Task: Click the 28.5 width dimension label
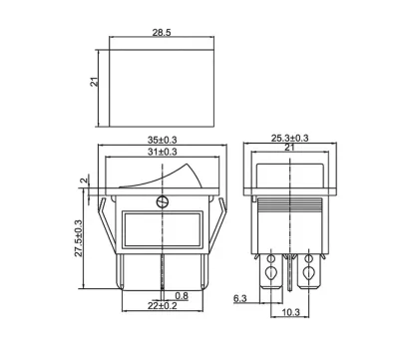click(x=162, y=33)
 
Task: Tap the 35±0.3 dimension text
click(x=163, y=140)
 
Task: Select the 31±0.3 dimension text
click(x=163, y=152)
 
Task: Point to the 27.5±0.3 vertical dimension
click(x=78, y=237)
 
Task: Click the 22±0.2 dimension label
click(x=163, y=306)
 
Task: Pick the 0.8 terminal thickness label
click(x=182, y=295)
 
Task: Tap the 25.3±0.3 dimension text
click(x=290, y=138)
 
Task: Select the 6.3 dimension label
click(x=240, y=298)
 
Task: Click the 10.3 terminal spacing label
click(x=291, y=312)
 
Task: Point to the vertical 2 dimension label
click(x=85, y=180)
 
